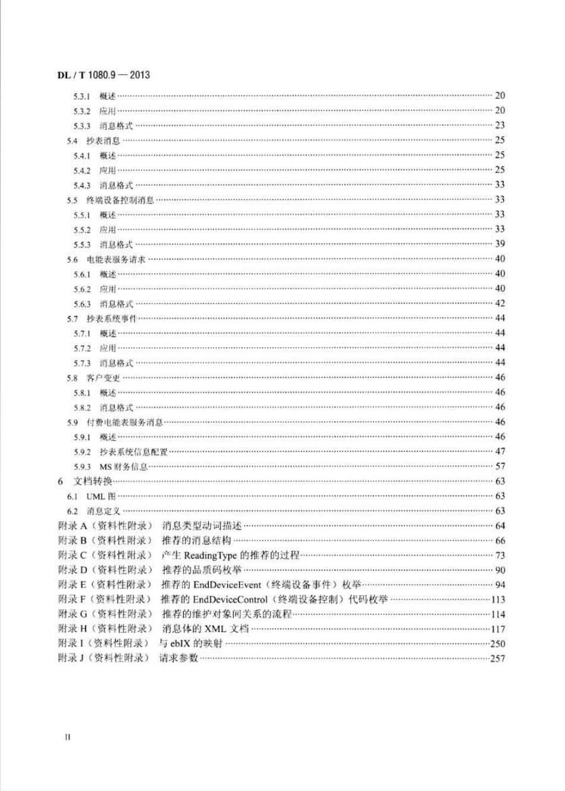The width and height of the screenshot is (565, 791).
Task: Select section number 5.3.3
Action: tap(82, 126)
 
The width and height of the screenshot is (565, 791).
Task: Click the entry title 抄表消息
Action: tap(103, 141)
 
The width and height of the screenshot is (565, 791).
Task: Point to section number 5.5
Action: tap(72, 200)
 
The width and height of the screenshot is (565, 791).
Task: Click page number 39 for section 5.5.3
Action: tap(500, 244)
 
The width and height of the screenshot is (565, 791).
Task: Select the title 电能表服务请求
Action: tap(116, 259)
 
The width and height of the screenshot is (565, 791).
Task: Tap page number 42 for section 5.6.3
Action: tap(500, 303)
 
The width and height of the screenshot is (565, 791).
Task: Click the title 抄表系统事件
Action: tap(112, 319)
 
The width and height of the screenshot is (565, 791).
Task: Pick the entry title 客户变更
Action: tap(103, 378)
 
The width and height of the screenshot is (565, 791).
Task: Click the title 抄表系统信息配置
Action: tap(133, 452)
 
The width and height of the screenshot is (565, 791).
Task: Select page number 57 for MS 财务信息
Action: tap(500, 466)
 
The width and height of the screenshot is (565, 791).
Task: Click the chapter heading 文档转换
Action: tap(93, 481)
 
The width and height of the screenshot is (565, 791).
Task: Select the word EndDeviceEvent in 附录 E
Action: tap(227, 585)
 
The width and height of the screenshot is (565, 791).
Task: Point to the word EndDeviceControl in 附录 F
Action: tap(230, 599)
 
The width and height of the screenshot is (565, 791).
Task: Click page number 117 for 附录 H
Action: tap(498, 629)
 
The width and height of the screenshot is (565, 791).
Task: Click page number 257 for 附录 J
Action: tap(497, 658)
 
